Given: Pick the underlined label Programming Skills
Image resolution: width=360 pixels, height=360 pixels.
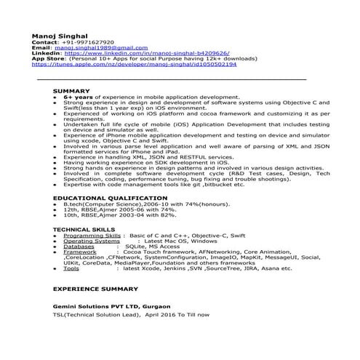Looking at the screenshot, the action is tap(92, 236).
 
